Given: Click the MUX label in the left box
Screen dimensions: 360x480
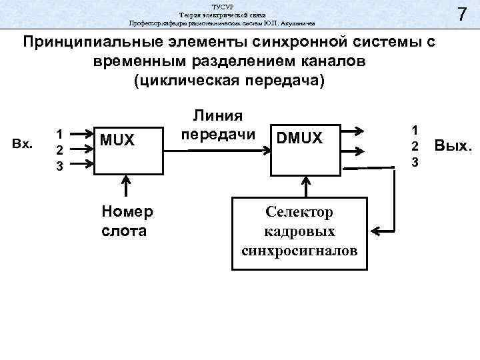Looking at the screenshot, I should [x=117, y=139].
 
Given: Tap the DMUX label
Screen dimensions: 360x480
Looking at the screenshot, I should [x=299, y=138].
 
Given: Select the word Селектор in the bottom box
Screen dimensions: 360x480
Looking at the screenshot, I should [x=299, y=212].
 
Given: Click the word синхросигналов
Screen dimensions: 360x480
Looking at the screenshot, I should [x=299, y=251].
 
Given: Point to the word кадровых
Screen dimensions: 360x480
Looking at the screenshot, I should [x=299, y=231].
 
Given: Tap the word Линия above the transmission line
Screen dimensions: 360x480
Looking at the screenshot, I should [x=217, y=115].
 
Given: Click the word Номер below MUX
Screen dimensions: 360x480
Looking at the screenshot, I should [x=127, y=212].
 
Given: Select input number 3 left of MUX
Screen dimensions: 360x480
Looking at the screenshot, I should [x=59, y=166].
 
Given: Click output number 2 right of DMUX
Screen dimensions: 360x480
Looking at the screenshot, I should [x=414, y=146].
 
